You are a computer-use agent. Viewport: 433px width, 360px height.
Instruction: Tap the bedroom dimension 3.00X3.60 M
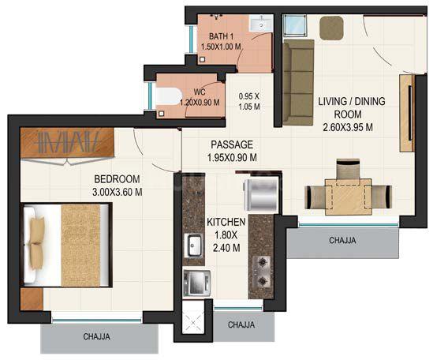(x=118, y=190)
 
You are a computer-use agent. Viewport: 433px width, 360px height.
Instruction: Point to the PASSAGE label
(x=231, y=144)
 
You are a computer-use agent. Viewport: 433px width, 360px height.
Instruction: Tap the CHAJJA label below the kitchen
(x=241, y=324)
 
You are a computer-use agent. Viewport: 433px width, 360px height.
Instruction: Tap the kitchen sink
(x=193, y=246)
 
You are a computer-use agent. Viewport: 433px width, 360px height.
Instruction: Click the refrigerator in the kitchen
(x=258, y=192)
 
